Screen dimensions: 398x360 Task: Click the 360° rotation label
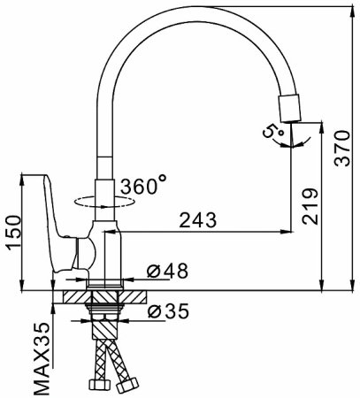point(143,187)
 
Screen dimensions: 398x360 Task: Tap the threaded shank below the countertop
point(107,320)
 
